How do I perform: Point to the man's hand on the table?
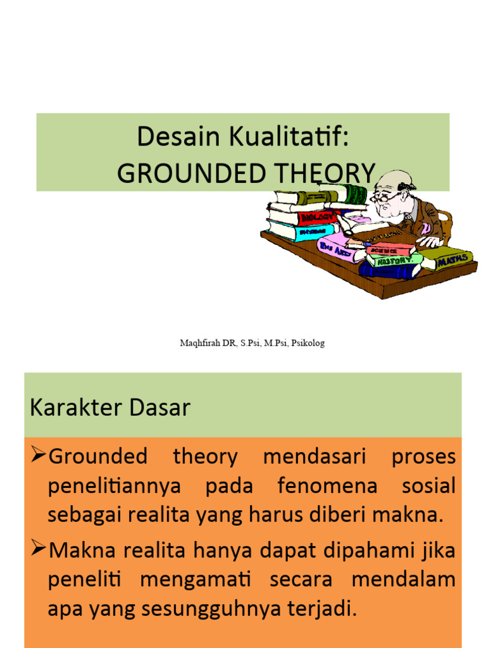pos(431,241)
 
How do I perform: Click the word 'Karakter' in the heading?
pos(70,408)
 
